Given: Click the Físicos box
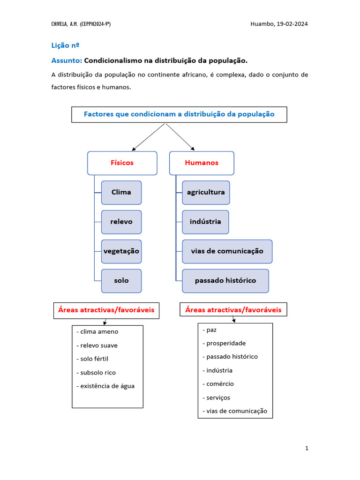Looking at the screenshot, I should (122, 163).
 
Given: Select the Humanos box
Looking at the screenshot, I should (202, 163).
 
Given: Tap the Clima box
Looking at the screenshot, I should (121, 192).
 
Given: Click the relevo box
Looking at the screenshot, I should (121, 222).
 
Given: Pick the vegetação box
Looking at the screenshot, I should (121, 251).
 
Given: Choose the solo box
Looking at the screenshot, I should (121, 281).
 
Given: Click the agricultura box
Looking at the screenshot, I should (206, 192).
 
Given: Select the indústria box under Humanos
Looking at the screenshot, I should (205, 222).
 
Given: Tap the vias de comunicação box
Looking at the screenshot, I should (227, 251).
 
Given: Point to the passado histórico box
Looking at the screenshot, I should (225, 281).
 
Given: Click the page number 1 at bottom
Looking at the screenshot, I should (307, 449).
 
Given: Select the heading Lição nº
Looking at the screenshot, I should (65, 45).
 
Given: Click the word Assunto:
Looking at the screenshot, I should (67, 60).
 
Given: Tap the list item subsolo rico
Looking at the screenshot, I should (97, 373).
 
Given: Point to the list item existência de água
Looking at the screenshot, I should (107, 386).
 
